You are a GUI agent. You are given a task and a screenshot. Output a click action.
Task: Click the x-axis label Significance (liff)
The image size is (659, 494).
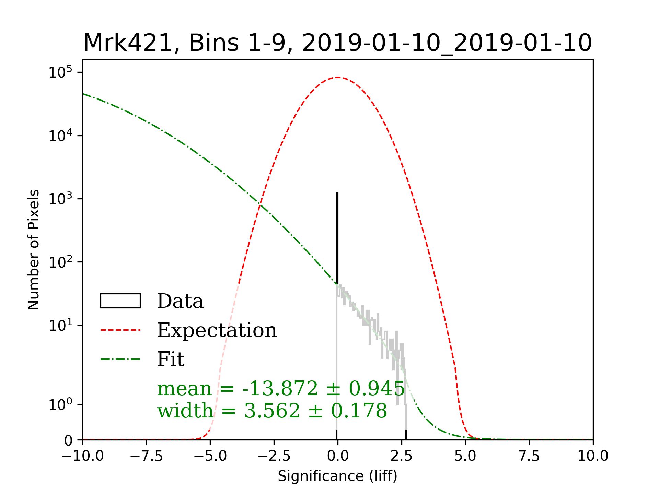(x=337, y=476)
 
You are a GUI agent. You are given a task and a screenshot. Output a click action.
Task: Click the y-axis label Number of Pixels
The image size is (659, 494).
(x=34, y=249)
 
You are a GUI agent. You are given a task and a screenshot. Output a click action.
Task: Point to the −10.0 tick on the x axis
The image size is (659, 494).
(x=83, y=456)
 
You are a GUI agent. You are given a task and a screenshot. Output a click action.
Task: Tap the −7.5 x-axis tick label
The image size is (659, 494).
(x=147, y=456)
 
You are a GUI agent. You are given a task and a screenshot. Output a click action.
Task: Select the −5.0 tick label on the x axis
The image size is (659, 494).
(x=210, y=456)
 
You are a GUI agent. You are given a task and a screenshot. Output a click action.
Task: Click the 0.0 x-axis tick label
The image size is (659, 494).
(x=338, y=456)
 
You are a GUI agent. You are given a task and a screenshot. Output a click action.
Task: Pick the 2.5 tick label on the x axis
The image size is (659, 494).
(x=402, y=456)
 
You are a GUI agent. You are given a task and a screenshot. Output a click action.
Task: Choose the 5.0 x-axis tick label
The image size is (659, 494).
(x=465, y=456)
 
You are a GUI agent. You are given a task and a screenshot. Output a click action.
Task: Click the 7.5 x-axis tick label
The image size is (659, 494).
(x=529, y=456)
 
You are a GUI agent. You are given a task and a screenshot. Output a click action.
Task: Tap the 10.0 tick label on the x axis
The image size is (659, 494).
(x=593, y=456)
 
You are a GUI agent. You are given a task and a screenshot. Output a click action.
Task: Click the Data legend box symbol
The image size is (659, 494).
(x=120, y=301)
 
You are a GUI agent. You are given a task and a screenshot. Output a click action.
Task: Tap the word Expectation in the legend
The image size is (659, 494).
(x=217, y=330)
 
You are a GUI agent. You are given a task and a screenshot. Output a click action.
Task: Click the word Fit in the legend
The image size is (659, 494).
(x=171, y=359)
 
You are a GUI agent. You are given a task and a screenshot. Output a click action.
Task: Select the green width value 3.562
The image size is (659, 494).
(x=272, y=411)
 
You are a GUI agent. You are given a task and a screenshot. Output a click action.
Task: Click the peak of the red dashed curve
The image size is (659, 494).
(x=338, y=78)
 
